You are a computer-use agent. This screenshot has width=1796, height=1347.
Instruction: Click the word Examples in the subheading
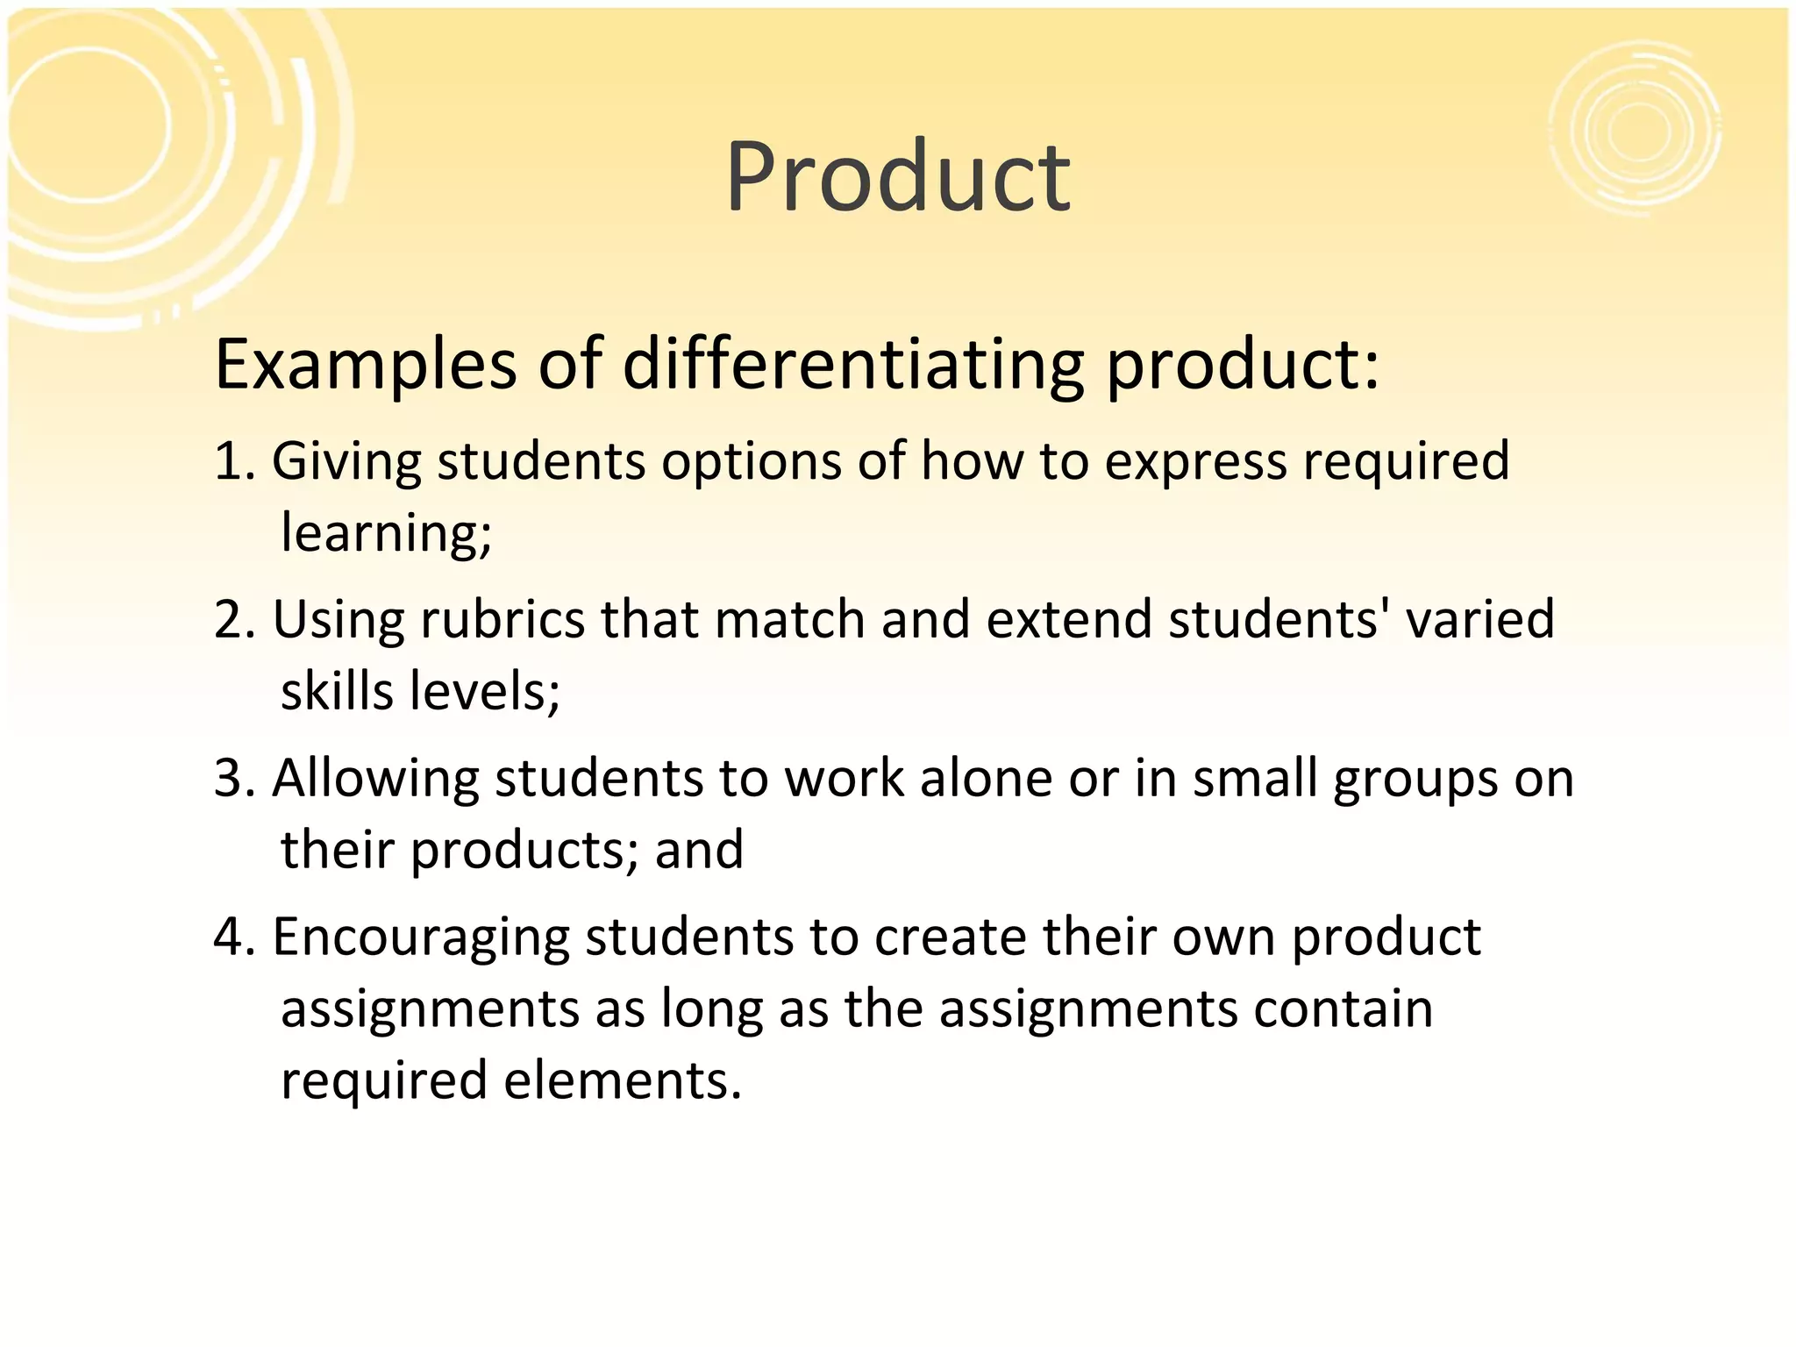365,365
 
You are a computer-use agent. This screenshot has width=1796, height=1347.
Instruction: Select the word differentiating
853,365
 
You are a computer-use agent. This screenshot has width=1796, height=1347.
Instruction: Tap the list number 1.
232,461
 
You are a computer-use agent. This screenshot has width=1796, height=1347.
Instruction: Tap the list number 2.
232,620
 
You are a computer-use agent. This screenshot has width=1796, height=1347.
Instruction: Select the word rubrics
502,620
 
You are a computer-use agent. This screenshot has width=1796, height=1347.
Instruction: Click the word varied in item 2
1479,620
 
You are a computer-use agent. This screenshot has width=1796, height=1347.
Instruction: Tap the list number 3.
232,779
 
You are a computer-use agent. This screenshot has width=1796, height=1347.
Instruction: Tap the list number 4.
232,937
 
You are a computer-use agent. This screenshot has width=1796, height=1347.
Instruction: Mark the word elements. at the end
623,1080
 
